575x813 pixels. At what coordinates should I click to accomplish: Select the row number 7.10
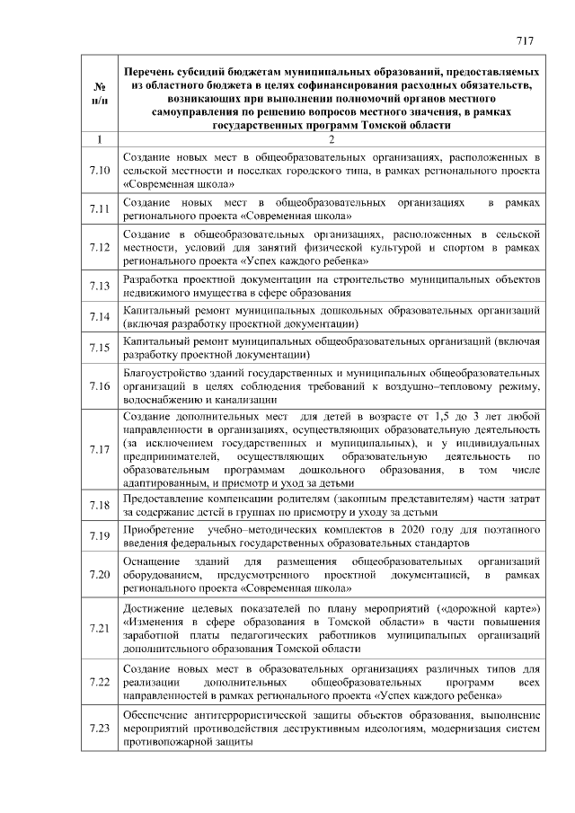pyautogui.click(x=100, y=170)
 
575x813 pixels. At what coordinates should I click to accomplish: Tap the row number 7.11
pyautogui.click(x=100, y=209)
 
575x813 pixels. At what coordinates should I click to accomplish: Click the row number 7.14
pyautogui.click(x=100, y=316)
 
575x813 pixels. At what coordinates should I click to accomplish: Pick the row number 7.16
pyautogui.click(x=100, y=385)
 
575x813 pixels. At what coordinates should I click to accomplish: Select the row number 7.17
pyautogui.click(x=100, y=449)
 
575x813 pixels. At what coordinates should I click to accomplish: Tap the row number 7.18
pyautogui.click(x=100, y=506)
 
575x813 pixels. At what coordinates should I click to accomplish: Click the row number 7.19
pyautogui.click(x=100, y=537)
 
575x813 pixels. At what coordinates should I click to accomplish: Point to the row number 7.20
pyautogui.click(x=100, y=575)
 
